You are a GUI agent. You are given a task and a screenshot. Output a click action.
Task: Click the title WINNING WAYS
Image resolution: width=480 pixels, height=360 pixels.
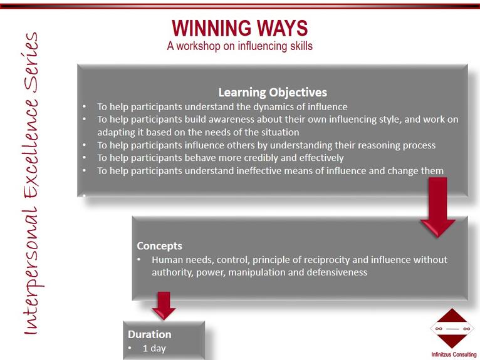pyautogui.click(x=240, y=28)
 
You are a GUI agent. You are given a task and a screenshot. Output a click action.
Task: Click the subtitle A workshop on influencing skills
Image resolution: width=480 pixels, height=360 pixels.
pyautogui.click(x=240, y=46)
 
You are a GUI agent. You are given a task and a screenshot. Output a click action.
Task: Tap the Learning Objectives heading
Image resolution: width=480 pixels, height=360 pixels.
pyautogui.click(x=273, y=93)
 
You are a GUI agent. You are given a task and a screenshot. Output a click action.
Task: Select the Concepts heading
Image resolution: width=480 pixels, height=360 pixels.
pyautogui.click(x=160, y=246)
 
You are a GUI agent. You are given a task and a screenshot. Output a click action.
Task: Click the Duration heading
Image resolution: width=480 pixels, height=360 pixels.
pyautogui.click(x=149, y=334)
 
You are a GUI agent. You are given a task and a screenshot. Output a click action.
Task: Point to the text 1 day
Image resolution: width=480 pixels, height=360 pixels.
pyautogui.click(x=154, y=348)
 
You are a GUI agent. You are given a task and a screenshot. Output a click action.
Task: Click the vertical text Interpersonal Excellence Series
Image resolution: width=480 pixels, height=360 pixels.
pyautogui.click(x=31, y=183)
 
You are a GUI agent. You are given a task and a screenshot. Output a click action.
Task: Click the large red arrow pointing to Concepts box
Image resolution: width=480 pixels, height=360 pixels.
pyautogui.click(x=438, y=207)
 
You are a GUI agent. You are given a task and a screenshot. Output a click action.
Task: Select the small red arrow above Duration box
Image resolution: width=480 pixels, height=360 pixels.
pyautogui.click(x=164, y=306)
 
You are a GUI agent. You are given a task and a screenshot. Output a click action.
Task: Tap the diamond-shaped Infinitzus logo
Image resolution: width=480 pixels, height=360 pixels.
pyautogui.click(x=452, y=329)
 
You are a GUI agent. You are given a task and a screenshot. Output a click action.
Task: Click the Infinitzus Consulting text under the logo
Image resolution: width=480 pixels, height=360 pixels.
pyautogui.click(x=454, y=354)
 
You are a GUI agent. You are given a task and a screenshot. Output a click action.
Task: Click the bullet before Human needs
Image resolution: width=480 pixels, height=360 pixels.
pyautogui.click(x=139, y=259)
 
